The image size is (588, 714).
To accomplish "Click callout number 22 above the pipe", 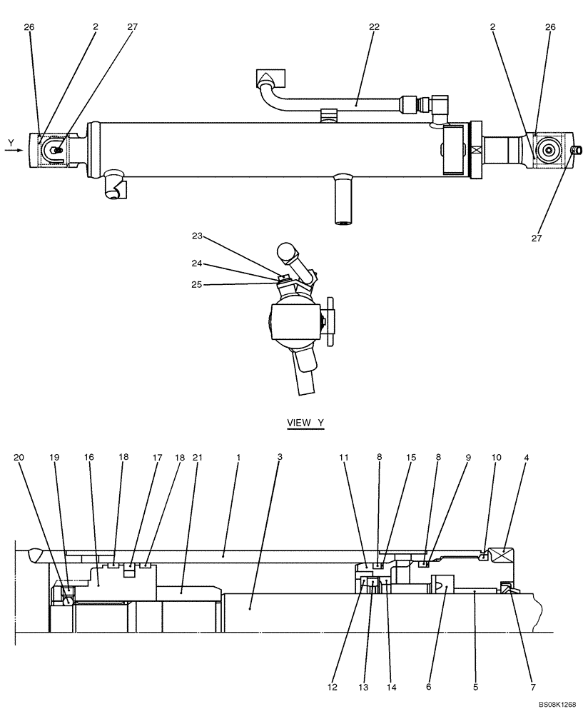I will pos(374,26).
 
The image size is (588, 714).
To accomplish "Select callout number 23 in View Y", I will pos(197,235).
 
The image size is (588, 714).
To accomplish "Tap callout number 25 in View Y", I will pos(197,284).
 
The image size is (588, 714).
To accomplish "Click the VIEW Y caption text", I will pos(305,423).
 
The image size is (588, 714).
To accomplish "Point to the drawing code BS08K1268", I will pos(557,704).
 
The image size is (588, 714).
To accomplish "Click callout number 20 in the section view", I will pos(19,457).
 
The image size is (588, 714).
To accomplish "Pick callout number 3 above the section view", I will pos(280,457).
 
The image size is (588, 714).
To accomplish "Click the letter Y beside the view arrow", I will pos(11,143).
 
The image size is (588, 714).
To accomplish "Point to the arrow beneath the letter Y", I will pos(14,151).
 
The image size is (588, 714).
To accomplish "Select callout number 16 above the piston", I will pos(88,457).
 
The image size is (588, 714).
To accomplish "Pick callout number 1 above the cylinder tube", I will pos(238,457).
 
